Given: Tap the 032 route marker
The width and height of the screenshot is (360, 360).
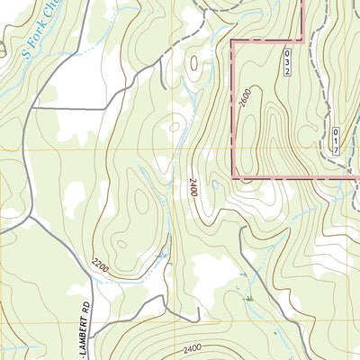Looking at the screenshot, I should point(288,62).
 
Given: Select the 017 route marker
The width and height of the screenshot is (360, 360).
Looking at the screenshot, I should point(335,143).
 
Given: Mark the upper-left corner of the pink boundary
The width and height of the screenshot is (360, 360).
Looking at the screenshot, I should point(233,41).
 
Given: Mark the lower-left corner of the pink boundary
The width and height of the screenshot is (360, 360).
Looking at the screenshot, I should point(234,177).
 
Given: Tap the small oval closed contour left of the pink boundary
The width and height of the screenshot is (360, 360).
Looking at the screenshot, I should point(193,64).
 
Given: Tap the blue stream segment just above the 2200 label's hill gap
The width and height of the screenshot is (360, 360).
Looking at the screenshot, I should point(163,255).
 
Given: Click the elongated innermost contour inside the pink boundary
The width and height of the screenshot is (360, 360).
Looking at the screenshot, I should point(270,117).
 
